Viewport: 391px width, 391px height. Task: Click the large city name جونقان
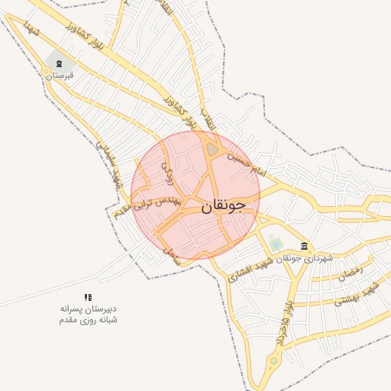[224, 205]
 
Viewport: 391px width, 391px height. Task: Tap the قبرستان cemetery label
[59, 76]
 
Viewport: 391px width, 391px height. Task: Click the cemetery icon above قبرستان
[59, 63]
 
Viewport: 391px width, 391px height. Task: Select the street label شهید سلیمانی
[108, 160]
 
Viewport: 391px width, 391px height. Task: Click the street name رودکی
[167, 171]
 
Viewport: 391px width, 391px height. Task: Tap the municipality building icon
[305, 246]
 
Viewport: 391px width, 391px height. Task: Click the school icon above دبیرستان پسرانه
[88, 296]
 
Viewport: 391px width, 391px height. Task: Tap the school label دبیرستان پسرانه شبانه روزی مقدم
[88, 314]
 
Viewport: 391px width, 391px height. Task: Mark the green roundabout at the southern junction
[273, 360]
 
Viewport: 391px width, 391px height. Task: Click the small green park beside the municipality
[276, 244]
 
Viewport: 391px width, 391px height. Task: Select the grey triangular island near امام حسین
[212, 148]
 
